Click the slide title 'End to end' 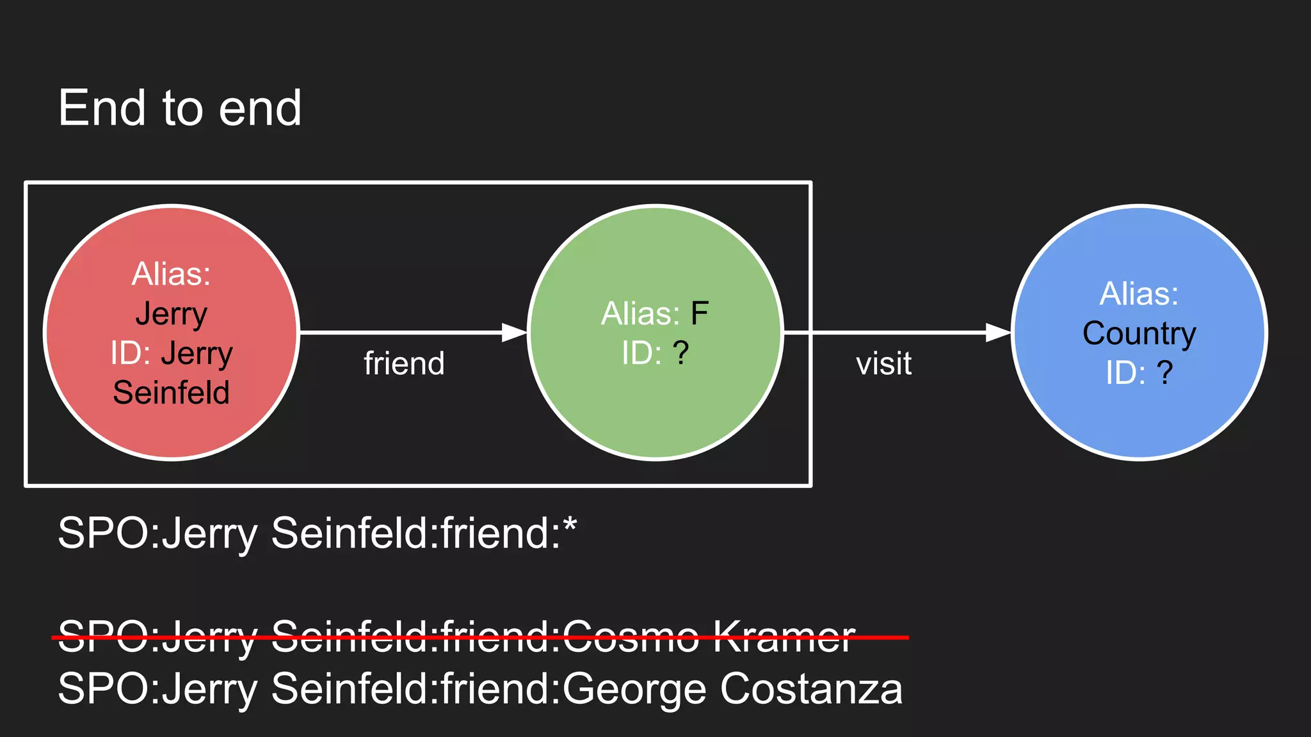point(179,108)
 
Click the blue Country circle point(1139,422)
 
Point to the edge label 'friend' point(404,363)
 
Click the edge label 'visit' point(883,363)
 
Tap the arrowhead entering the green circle point(514,333)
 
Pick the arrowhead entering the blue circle point(998,333)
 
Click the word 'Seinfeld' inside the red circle point(171,392)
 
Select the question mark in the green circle point(680,353)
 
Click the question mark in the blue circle point(1164,372)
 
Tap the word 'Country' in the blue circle point(1139,333)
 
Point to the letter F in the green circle point(699,313)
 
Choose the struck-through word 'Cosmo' point(631,637)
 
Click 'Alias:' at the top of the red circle point(171,274)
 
